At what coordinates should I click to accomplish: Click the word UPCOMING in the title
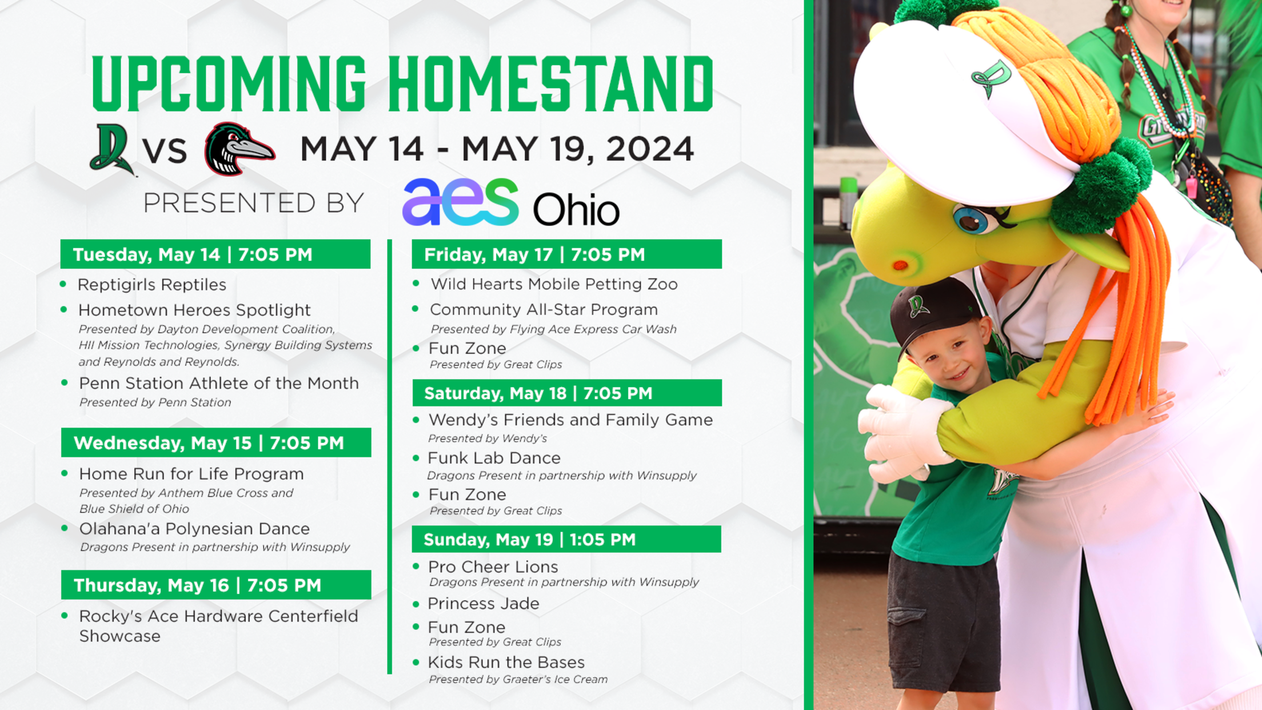(229, 84)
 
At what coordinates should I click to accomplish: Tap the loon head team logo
(239, 149)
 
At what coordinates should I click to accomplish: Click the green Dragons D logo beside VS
(112, 150)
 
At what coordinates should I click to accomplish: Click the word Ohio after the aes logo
(576, 209)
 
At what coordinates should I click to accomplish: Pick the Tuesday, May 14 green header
(215, 254)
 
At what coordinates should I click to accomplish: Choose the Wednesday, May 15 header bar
(216, 442)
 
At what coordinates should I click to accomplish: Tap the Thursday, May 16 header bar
(216, 585)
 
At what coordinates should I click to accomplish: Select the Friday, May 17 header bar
(566, 254)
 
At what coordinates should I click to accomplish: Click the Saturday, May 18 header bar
(567, 393)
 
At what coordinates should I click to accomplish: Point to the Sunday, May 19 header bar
(566, 539)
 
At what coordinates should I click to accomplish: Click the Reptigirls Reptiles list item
(152, 285)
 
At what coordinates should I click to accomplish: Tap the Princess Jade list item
(484, 604)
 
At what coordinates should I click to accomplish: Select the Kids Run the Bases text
(506, 662)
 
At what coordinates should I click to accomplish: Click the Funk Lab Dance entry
(494, 458)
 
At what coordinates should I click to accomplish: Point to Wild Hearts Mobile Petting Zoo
(554, 284)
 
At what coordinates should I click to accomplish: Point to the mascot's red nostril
(900, 265)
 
